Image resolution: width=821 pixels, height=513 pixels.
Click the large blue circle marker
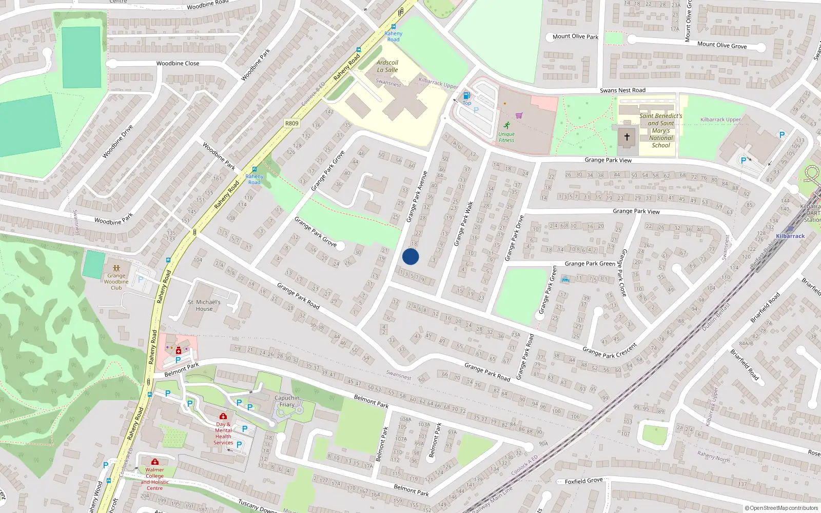click(411, 256)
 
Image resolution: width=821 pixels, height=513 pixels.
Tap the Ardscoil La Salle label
click(387, 66)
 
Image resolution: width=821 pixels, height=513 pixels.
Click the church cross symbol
click(627, 137)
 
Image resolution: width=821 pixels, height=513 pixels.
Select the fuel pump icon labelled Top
click(467, 95)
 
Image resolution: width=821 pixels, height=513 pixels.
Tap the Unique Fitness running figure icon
click(507, 125)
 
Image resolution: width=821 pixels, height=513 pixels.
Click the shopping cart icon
click(519, 115)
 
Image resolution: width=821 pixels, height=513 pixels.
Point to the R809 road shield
click(291, 123)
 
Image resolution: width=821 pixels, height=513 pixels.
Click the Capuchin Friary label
click(287, 401)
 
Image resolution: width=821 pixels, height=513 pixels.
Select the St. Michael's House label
click(204, 305)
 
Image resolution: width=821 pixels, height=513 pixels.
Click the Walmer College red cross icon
click(155, 462)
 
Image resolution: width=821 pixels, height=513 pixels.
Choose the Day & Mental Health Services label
click(223, 433)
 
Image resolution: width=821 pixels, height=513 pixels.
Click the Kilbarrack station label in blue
click(790, 236)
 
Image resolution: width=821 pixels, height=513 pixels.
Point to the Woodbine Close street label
click(178, 64)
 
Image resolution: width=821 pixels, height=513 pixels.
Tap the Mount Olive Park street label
click(575, 36)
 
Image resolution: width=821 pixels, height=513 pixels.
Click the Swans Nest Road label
click(622, 90)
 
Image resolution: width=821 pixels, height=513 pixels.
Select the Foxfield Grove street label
click(583, 481)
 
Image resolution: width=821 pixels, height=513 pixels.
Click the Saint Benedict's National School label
click(661, 130)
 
